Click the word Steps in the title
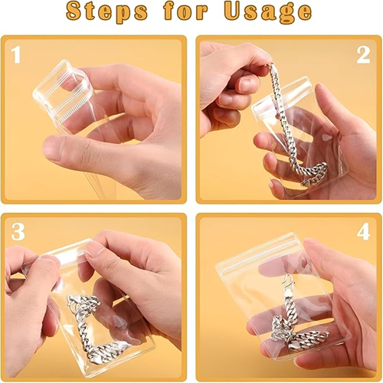(106, 11)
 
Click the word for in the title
(185, 11)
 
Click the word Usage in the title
(267, 13)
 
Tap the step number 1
(16, 54)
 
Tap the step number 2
(363, 55)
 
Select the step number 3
(18, 232)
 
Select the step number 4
(363, 232)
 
